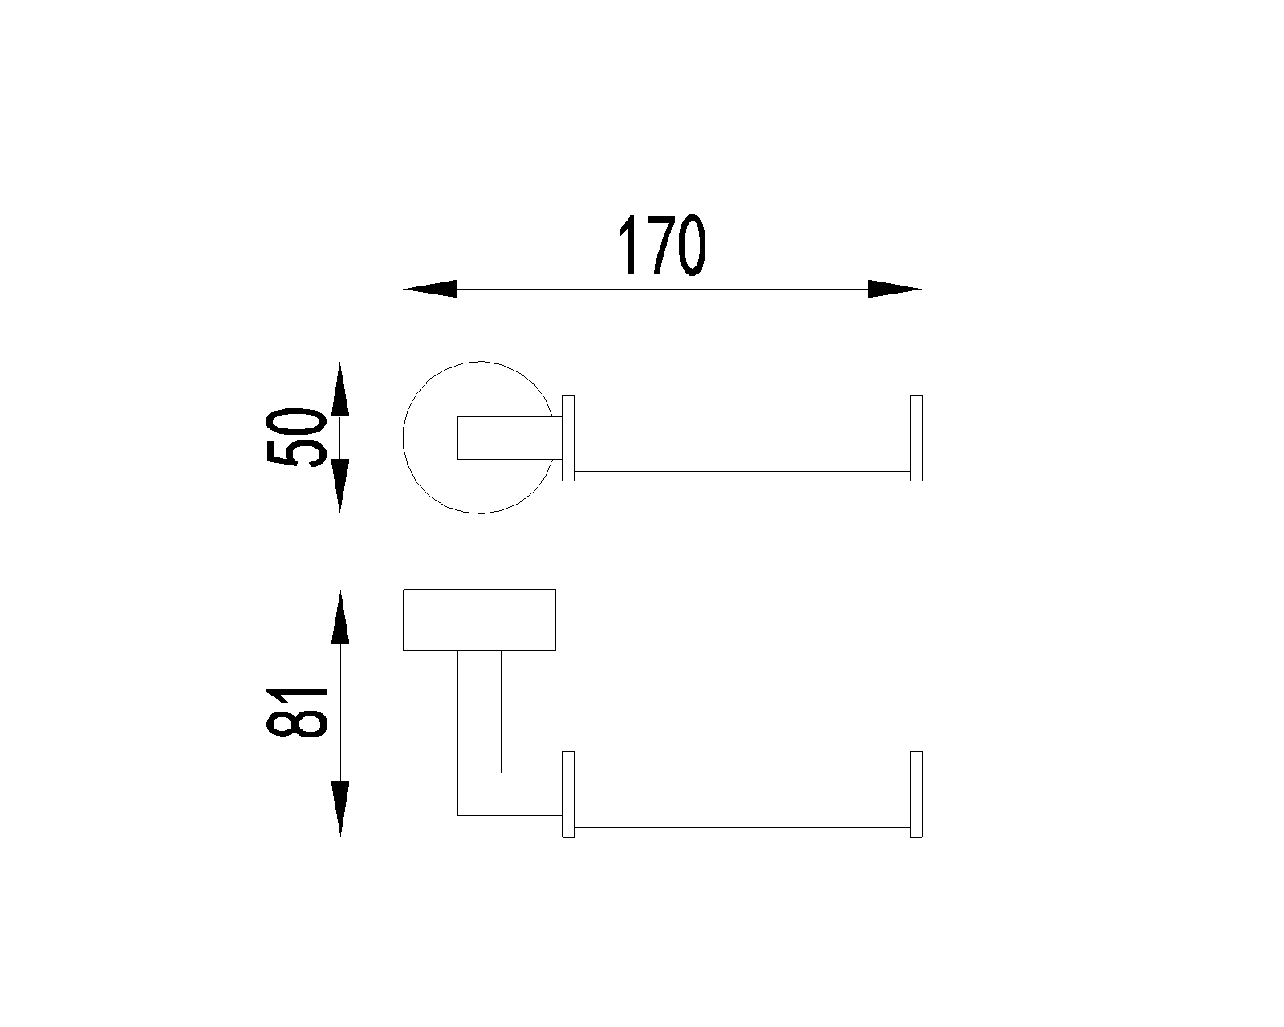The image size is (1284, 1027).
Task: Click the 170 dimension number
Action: click(x=662, y=246)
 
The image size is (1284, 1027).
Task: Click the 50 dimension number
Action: click(x=297, y=436)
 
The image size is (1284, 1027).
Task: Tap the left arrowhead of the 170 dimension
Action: click(x=430, y=289)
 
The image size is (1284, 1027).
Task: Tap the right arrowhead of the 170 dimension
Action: click(x=894, y=289)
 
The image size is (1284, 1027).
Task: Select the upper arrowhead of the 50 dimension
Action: click(x=340, y=388)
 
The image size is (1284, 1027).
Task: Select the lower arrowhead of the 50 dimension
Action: click(x=340, y=486)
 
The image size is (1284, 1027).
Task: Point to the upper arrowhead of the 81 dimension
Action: click(x=340, y=617)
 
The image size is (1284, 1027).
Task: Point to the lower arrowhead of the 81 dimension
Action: click(x=340, y=809)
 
